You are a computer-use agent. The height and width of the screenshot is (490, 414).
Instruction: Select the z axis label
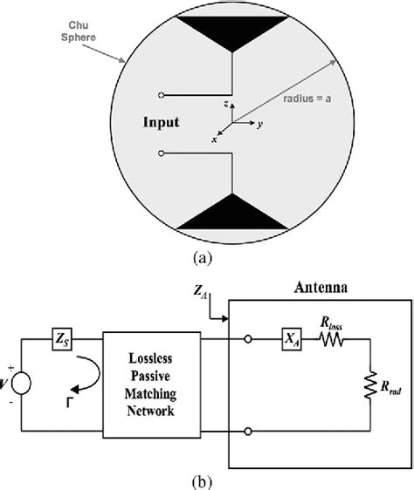click(x=226, y=103)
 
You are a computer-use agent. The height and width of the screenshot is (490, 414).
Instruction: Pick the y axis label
click(x=259, y=124)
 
